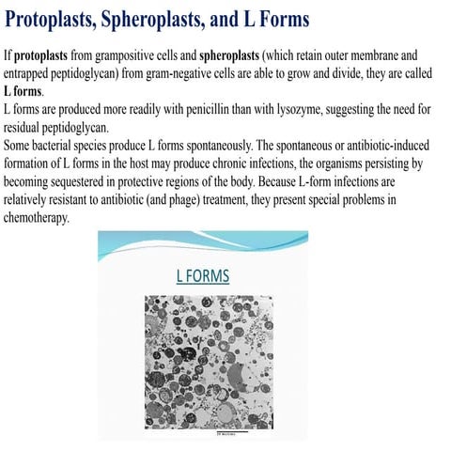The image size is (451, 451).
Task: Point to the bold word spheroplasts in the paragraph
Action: click(234, 55)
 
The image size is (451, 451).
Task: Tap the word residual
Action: click(25, 128)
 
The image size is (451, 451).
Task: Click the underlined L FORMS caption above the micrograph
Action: click(203, 276)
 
